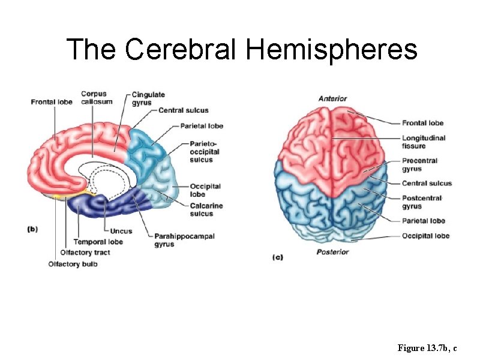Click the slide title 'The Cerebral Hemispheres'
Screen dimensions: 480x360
pyautogui.click(x=241, y=49)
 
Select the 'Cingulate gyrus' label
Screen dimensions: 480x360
pyautogui.click(x=148, y=98)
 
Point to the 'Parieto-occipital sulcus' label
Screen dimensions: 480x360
pyautogui.click(x=205, y=152)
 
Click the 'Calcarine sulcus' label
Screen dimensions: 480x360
pyautogui.click(x=206, y=209)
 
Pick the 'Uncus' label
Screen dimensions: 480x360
pyautogui.click(x=121, y=232)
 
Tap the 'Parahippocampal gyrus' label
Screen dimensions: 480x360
pyautogui.click(x=176, y=241)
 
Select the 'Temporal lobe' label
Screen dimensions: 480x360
pyautogui.click(x=99, y=242)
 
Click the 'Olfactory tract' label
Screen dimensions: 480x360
pyautogui.click(x=85, y=253)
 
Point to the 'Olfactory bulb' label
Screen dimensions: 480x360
pyautogui.click(x=73, y=264)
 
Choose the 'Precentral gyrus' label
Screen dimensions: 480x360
pyautogui.click(x=420, y=164)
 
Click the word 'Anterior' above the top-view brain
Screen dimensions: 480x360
pyautogui.click(x=332, y=98)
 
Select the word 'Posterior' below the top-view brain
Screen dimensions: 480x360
pyautogui.click(x=332, y=252)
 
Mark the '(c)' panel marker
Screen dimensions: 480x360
pyautogui.click(x=278, y=257)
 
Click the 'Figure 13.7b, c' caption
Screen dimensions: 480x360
pyautogui.click(x=428, y=348)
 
